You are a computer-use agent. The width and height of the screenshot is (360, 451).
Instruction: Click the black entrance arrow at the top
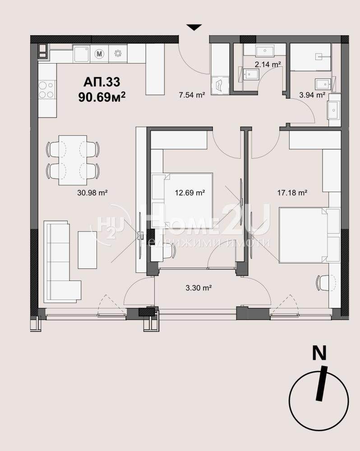point(194,28)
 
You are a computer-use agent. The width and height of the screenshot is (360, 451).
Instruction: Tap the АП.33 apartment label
point(102,82)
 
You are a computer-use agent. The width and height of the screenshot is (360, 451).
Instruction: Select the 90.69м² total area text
point(102,97)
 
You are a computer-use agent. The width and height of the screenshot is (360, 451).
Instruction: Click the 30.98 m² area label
point(92,193)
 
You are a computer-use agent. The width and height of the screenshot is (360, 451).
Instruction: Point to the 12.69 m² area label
point(190,193)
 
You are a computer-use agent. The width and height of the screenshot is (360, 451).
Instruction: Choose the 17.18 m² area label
point(292,193)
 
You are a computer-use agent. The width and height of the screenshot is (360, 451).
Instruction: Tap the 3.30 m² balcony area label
point(198,288)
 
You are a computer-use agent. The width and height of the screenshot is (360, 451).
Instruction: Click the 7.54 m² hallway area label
point(192,95)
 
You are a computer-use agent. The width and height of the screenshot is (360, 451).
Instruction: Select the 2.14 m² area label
point(268,64)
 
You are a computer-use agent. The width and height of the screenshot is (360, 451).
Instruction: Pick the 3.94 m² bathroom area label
point(312,95)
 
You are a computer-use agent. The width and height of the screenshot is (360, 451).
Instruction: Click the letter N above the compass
point(319,353)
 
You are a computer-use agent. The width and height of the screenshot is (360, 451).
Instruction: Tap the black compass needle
point(322,383)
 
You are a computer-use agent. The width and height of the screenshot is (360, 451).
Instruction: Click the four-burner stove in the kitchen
point(46,90)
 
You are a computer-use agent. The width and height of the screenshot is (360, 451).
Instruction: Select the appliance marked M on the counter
point(99,54)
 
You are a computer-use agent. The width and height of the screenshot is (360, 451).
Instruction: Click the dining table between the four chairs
point(73,160)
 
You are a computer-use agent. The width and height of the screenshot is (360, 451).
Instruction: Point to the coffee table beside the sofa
point(87,249)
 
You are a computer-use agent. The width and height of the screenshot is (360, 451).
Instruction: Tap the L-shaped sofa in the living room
point(58,262)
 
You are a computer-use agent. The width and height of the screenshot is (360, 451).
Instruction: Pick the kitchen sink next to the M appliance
point(82,54)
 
